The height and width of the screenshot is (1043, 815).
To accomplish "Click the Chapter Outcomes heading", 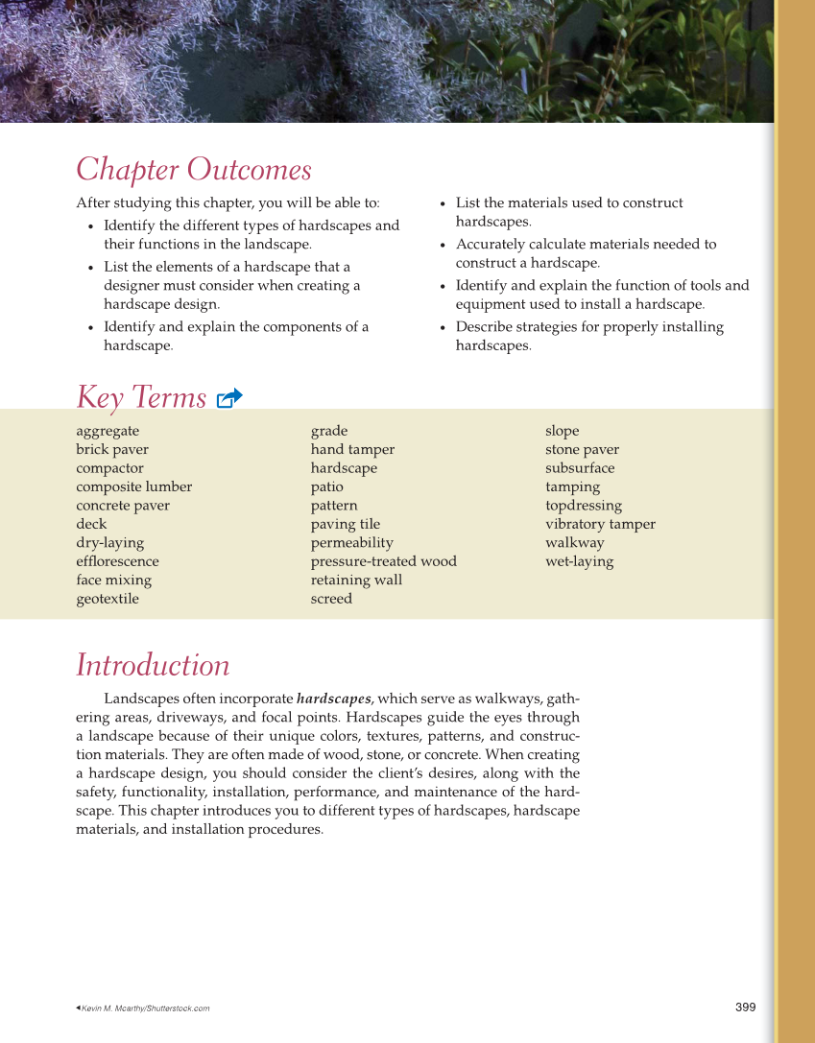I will point(194,170).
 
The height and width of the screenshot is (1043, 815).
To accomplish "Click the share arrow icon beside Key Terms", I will point(229,398).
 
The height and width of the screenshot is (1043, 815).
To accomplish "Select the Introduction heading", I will point(153,665).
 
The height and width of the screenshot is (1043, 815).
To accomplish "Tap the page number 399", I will point(745,1007).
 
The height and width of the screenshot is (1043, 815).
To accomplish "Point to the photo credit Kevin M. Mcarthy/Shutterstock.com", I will point(145,1008).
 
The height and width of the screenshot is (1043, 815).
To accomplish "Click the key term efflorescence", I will point(117,561).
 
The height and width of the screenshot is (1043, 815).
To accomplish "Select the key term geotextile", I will point(108,599).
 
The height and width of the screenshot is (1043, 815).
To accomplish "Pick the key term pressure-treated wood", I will point(383,561).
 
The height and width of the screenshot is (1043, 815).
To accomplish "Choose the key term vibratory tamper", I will point(600,524).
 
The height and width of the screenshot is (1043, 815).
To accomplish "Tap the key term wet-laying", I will point(579,561).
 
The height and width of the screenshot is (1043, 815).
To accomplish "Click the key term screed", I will point(331,599).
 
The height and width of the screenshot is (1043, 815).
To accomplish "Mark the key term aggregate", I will point(108,431).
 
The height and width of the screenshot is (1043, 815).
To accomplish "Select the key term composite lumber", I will point(133,486).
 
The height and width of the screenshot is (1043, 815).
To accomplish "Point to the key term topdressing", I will point(583,506).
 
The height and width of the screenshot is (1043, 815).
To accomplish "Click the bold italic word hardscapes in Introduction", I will point(333,699).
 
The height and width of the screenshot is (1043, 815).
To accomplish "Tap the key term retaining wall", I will point(356,580).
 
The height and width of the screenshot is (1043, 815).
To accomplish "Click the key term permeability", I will point(351,543).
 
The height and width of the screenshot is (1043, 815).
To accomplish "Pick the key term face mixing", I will point(113,580).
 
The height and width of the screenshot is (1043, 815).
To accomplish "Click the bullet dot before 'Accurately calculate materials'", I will point(443,246).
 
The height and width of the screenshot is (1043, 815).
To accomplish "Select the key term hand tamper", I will point(352,449).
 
